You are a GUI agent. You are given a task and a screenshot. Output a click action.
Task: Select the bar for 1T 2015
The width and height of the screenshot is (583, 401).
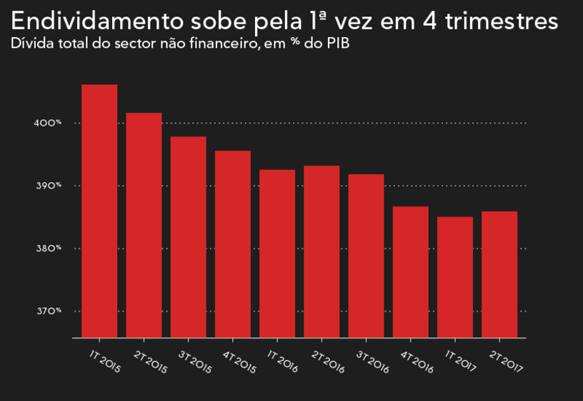pos(99,211)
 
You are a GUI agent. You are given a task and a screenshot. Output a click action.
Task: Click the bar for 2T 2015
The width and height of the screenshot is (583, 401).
pos(144,225)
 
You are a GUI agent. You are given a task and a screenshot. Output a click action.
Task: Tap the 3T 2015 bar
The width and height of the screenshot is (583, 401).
pos(188,237)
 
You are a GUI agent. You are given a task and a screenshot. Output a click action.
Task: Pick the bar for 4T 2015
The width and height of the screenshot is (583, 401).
pos(233,244)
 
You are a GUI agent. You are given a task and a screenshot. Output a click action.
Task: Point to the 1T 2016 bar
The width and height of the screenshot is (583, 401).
pos(277,253)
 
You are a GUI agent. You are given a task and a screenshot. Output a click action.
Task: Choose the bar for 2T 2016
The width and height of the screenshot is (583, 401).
pos(322,252)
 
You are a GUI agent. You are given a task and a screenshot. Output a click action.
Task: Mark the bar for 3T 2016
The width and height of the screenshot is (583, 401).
pos(366,256)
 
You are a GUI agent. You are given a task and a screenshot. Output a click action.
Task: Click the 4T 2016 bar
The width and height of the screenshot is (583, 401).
pos(411,272)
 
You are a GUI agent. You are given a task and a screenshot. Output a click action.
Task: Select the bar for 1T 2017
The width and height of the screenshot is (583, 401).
pos(455,277)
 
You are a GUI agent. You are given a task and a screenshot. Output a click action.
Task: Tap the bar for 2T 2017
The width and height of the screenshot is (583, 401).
pos(499,274)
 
